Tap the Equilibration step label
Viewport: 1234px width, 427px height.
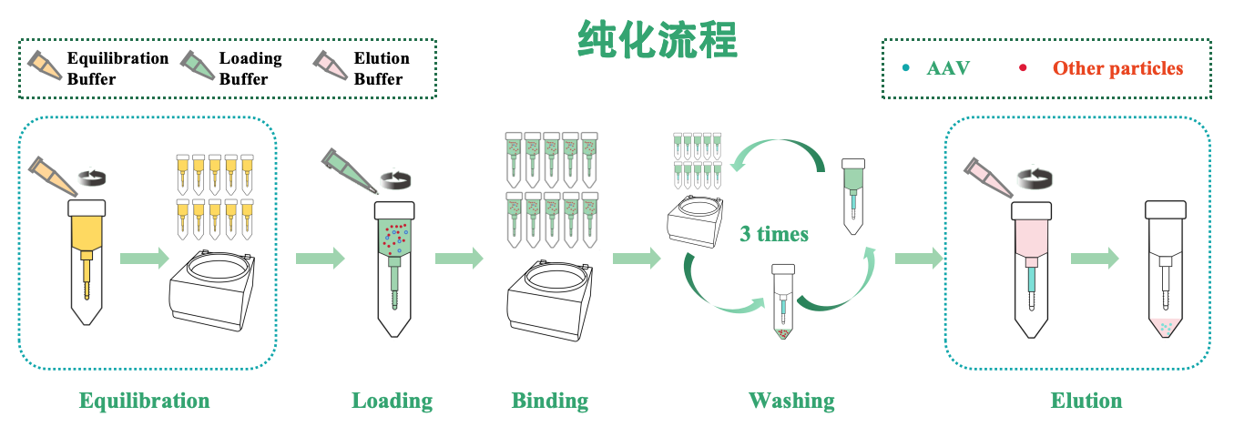(x=144, y=401)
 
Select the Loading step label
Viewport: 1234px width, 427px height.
(x=392, y=401)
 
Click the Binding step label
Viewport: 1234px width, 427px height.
(x=549, y=401)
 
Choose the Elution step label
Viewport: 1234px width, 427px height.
(x=1086, y=401)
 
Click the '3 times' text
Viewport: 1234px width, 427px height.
(x=773, y=234)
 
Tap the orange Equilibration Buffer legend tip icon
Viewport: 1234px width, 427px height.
(x=45, y=66)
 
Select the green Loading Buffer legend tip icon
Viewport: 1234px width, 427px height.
(x=197, y=66)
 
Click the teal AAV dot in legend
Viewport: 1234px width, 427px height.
(x=905, y=68)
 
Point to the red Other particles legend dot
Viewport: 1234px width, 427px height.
(x=1023, y=68)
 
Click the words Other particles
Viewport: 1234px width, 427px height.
(x=1117, y=68)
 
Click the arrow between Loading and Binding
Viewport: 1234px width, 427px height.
(x=459, y=259)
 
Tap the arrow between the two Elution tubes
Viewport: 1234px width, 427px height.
(x=1094, y=259)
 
